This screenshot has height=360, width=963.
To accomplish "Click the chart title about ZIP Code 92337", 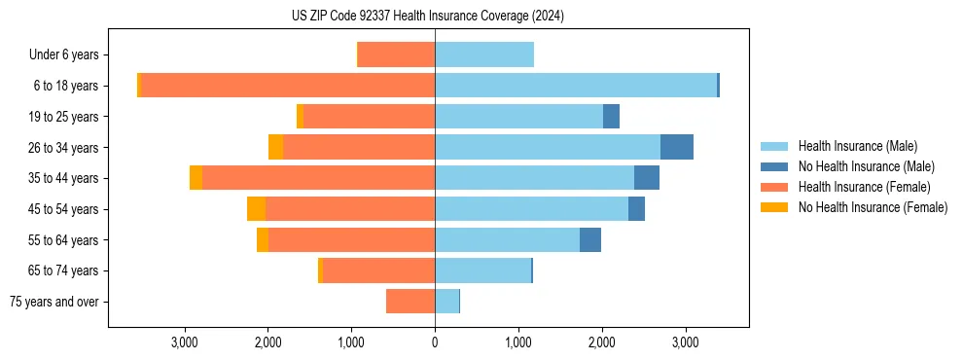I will (x=428, y=17).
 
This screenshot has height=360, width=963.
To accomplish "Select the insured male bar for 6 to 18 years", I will (x=576, y=86).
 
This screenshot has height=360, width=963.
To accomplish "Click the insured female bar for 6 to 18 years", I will (x=288, y=86).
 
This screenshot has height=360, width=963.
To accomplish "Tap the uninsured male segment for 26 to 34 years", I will (x=677, y=147).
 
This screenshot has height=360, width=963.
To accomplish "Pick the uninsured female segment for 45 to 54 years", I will (x=256, y=209).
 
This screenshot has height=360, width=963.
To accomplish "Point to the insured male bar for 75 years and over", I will (x=446, y=302).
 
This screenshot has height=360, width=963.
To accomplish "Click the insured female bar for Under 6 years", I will (x=397, y=54).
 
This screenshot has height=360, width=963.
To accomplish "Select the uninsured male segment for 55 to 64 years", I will (x=590, y=239).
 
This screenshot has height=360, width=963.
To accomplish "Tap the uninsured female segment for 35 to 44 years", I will (x=196, y=178).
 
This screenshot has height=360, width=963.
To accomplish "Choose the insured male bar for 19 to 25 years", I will (x=518, y=117).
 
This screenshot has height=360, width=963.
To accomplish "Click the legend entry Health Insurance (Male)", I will (x=857, y=146).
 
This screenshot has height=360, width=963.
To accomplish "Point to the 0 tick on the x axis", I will (x=435, y=342).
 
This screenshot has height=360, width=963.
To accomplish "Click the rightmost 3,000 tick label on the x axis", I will (x=685, y=342).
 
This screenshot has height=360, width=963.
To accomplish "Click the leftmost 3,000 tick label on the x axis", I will (x=185, y=342).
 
